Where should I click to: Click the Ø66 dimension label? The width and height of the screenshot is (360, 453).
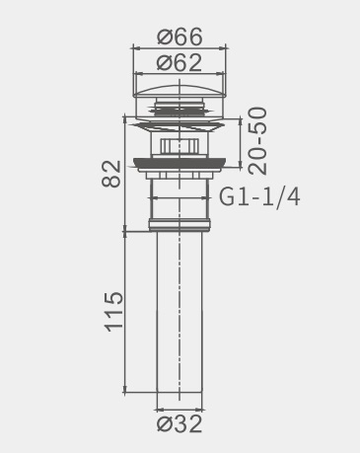[x=180, y=37]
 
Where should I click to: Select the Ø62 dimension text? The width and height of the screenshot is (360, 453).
[x=180, y=62]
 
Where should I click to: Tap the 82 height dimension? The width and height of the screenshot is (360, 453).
[x=111, y=174]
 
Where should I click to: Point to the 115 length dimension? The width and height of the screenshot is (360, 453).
[x=113, y=311]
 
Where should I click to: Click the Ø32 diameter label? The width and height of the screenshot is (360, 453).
[x=180, y=424]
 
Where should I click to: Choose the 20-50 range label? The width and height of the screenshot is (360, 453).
[x=257, y=141]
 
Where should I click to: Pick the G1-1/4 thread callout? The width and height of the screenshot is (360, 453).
[x=259, y=197]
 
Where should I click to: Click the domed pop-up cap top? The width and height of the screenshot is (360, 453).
[x=180, y=91]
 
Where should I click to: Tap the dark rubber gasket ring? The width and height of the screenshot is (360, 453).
[x=180, y=163]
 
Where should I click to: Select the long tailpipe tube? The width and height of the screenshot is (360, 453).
[x=180, y=312]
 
